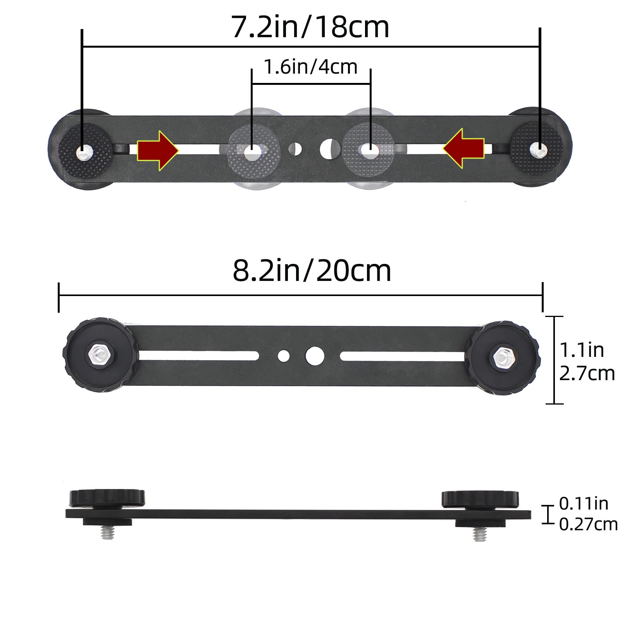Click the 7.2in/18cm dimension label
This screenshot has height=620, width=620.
pyautogui.click(x=310, y=27)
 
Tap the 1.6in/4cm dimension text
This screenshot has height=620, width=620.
pyautogui.click(x=310, y=67)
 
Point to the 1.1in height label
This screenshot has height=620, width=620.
pyautogui.click(x=581, y=350)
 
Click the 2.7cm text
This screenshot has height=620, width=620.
pyautogui.click(x=587, y=374)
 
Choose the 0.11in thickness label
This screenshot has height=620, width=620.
pyautogui.click(x=583, y=503)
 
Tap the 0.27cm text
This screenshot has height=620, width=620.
pyautogui.click(x=588, y=524)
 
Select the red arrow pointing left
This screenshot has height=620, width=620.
pyautogui.click(x=464, y=148)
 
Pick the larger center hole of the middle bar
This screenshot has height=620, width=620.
pyautogui.click(x=314, y=356)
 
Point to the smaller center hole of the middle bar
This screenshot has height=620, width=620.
pyautogui.click(x=284, y=355)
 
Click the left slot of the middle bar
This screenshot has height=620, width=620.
pyautogui.click(x=198, y=355)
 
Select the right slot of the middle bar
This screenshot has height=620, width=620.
pyautogui.click(x=403, y=355)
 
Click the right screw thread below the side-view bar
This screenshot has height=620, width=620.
pyautogui.click(x=479, y=534)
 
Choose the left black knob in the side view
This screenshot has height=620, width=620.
pyautogui.click(x=107, y=498)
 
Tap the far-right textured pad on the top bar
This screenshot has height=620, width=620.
pyautogui.click(x=536, y=147)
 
